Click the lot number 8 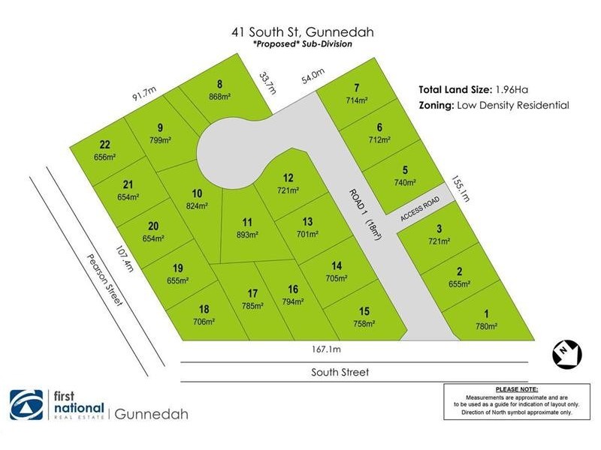(x=220, y=84)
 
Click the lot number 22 (x=105, y=145)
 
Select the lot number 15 (x=364, y=311)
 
